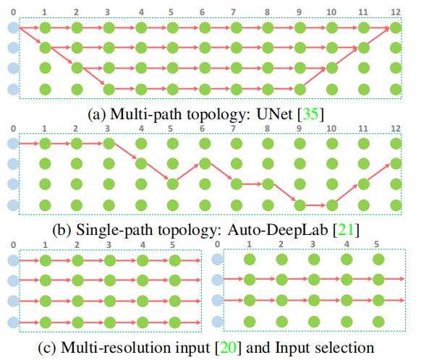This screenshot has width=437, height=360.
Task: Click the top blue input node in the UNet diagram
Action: pyautogui.click(x=13, y=29)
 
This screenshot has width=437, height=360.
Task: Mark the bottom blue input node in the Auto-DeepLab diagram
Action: pyautogui.click(x=13, y=205)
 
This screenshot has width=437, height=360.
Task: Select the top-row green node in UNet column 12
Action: pyautogui.click(x=394, y=29)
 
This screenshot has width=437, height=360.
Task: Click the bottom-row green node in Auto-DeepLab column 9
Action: pyautogui.click(x=300, y=205)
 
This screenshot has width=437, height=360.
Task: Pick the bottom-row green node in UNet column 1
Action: pyautogui.click(x=45, y=90)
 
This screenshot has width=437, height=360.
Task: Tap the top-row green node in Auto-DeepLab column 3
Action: pyautogui.click(x=109, y=143)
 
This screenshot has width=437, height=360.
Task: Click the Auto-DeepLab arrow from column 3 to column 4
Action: pyautogui.click(x=124, y=153)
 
